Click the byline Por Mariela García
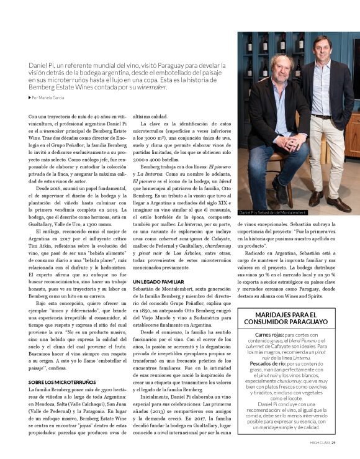click(50, 98)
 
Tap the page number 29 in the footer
click(333, 442)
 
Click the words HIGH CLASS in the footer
click(320, 442)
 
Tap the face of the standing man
click(321, 49)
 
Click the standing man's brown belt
click(321, 116)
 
